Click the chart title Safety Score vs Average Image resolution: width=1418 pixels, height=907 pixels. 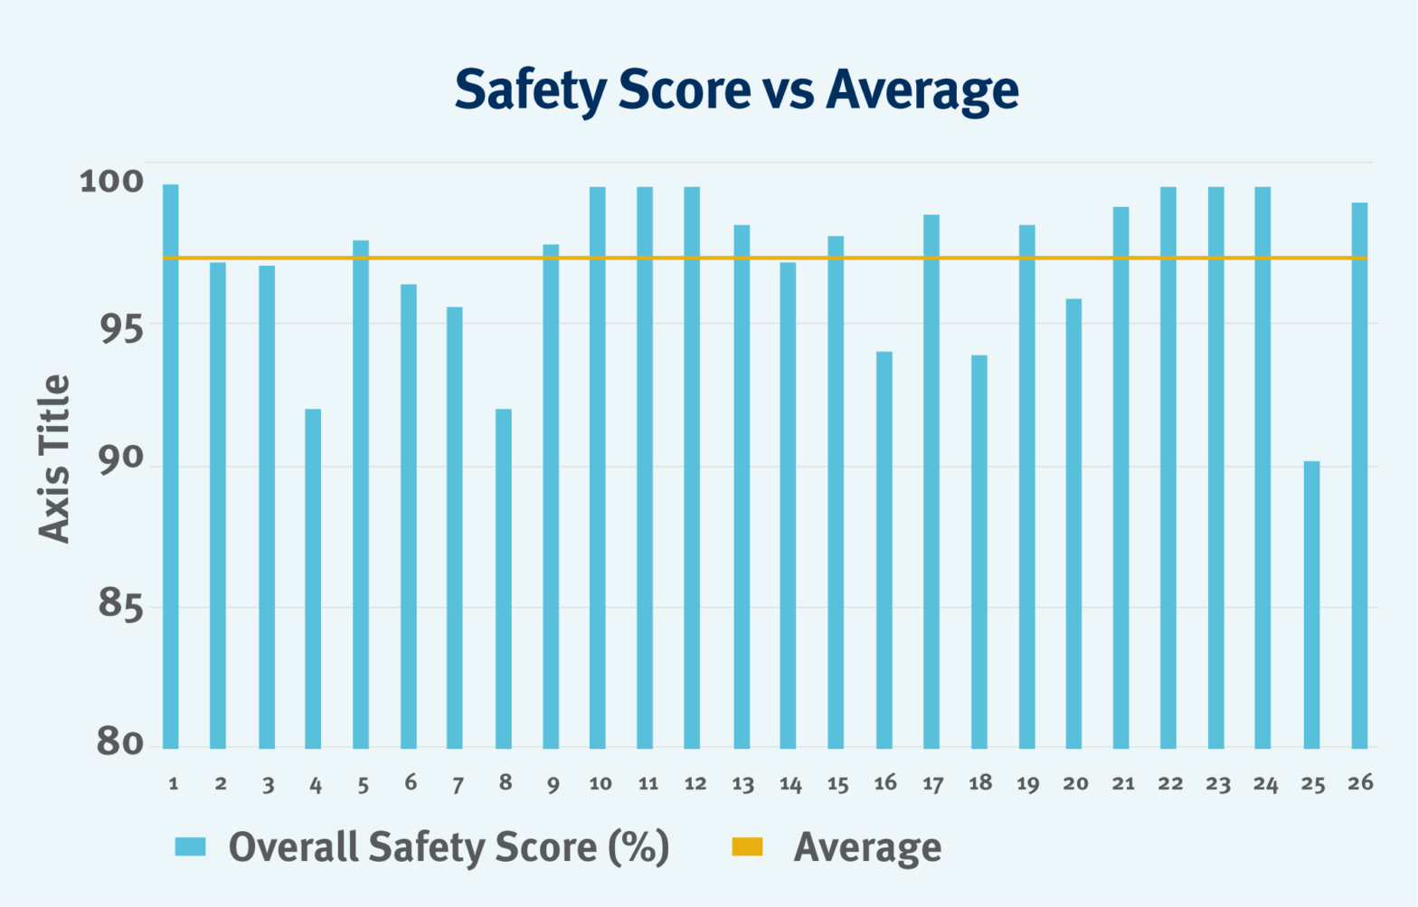pos(736,90)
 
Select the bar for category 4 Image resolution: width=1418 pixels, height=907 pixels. pos(313,579)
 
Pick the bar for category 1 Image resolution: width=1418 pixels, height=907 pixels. pos(171,466)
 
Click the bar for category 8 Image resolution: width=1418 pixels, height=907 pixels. pos(504,579)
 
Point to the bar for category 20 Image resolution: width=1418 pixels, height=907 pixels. pos(1073,524)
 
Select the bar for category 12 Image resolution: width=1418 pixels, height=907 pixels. pos(692,468)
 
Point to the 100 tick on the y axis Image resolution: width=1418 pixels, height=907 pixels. pos(111,181)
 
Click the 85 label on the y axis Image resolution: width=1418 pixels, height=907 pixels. pos(120,603)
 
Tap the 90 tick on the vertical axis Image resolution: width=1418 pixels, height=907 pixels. pos(120,458)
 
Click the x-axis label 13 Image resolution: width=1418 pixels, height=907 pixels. pos(742,784)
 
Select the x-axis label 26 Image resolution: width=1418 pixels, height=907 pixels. pos(1360,782)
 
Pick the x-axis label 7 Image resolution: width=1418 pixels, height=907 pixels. pos(458,784)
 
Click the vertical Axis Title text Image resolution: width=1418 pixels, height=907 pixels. pos(54,458)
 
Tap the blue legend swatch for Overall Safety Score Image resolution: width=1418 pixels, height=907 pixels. pos(191,846)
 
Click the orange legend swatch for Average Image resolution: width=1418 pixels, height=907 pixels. pos(747,846)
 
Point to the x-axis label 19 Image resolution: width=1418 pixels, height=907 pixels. pos(1027,784)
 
